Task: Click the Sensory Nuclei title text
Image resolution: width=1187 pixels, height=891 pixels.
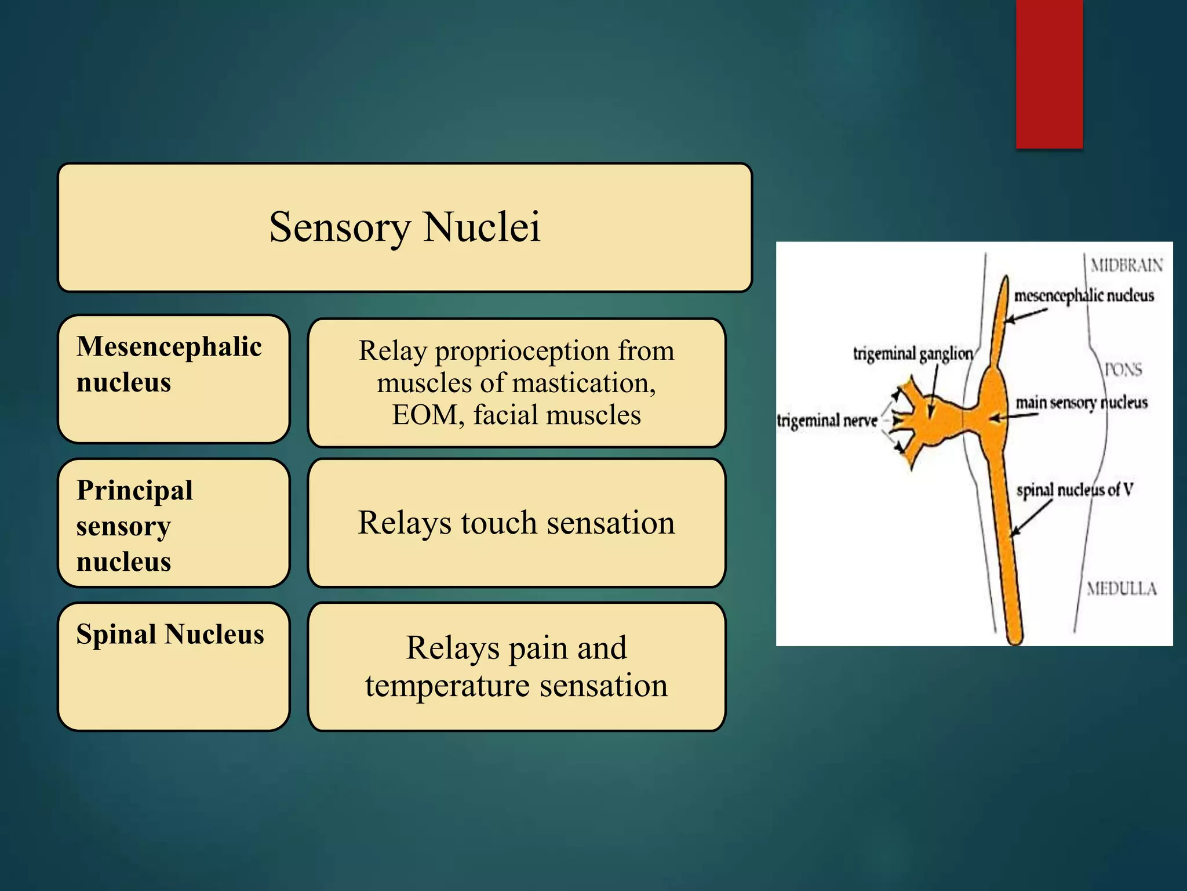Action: tap(405, 227)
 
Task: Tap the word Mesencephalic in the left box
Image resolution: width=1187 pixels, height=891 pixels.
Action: tap(169, 347)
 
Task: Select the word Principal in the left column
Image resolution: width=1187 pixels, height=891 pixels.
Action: tap(134, 491)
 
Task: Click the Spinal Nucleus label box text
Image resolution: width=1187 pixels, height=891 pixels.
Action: tap(170, 634)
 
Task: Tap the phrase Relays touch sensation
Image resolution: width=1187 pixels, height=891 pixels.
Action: tap(516, 523)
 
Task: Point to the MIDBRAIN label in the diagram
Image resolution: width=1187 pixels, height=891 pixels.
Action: tap(1126, 266)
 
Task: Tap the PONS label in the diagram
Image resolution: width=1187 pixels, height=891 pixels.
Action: tap(1123, 370)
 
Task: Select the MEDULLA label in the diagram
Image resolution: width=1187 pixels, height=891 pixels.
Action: tap(1122, 589)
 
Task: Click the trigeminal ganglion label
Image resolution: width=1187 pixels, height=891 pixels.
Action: tap(912, 353)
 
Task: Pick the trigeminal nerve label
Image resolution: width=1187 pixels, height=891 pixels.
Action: tap(827, 421)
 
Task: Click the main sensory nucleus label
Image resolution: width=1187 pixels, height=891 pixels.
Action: tap(1081, 402)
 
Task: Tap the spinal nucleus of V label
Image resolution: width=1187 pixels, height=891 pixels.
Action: tap(1074, 490)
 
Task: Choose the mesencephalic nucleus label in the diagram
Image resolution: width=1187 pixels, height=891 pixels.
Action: tap(1083, 296)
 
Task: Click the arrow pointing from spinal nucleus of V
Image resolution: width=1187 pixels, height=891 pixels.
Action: tap(1031, 517)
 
